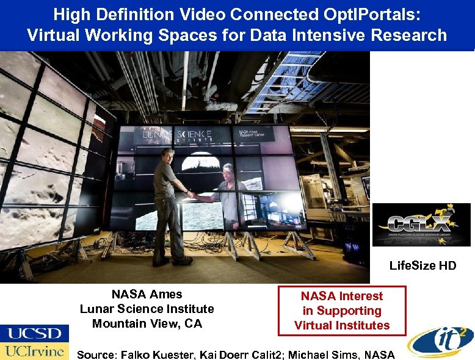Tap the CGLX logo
pos(421,225)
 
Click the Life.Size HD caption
pos(422,265)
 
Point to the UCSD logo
pos(34,333)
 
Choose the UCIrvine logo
pos(34,351)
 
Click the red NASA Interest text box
pos(341,311)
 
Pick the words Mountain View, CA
pos(147,324)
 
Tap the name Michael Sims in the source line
pos(332,354)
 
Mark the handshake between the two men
pos(192,195)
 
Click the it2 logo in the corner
pos(441,340)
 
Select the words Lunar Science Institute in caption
pos(147,309)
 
